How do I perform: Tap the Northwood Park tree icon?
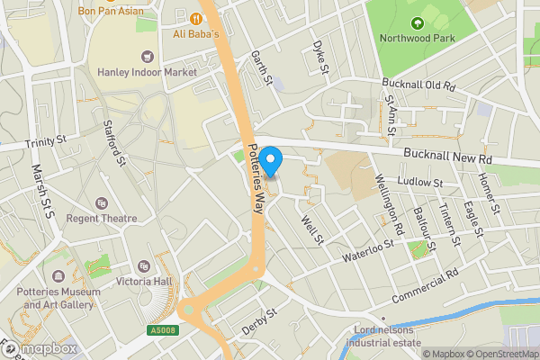coord(417,22)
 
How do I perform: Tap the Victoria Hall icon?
coord(144,266)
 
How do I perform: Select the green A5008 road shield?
coord(162,331)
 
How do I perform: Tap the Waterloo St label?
coord(368,251)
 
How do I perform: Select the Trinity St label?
coord(47,140)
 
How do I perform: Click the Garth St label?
coord(261,68)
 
